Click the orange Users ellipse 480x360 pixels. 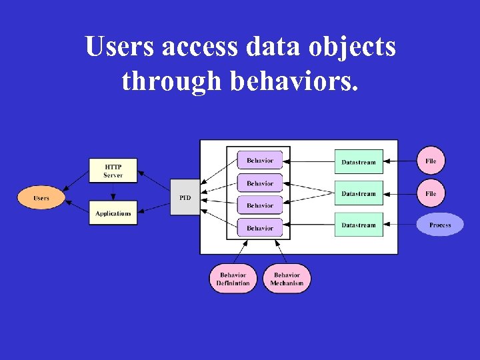point(41,198)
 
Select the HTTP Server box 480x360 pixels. point(113,171)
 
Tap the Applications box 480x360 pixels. point(113,213)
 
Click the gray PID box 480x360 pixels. point(185,197)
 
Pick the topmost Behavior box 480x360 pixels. point(260,161)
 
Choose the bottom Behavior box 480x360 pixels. point(260,228)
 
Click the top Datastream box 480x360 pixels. point(359,162)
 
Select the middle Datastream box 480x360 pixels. point(359,193)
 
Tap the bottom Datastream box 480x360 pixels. point(359,225)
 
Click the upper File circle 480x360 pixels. point(431,161)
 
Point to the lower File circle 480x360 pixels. point(431,193)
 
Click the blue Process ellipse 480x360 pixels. point(440,225)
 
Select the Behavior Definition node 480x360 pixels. point(233,279)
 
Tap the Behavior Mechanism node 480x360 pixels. point(287,279)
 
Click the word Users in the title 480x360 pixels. point(118,48)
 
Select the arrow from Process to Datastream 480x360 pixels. point(400,225)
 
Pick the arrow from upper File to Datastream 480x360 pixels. point(401,161)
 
